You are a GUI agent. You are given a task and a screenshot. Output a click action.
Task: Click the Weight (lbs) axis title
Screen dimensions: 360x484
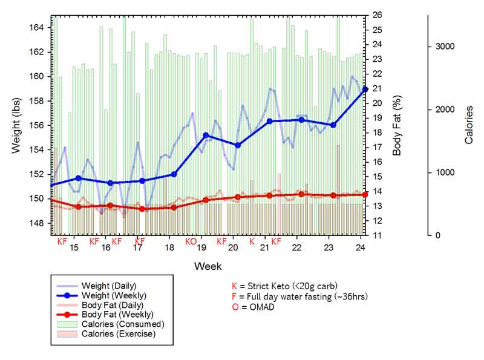pyautogui.click(x=17, y=125)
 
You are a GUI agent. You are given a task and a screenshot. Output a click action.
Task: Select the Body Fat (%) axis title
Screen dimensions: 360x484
pyautogui.click(x=397, y=125)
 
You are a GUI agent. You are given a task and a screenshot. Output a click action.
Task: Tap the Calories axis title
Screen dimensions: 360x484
pyautogui.click(x=469, y=125)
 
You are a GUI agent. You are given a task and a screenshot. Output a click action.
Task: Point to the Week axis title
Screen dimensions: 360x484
pyautogui.click(x=208, y=266)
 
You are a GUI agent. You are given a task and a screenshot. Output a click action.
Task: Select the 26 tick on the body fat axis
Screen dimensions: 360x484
pyautogui.click(x=376, y=16)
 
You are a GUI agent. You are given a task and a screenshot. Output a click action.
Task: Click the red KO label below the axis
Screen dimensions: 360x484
pyautogui.click(x=191, y=241)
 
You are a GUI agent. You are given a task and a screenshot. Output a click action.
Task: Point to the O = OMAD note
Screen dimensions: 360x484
pyautogui.click(x=253, y=307)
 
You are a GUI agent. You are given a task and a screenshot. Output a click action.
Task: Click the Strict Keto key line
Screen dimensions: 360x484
pyautogui.click(x=284, y=286)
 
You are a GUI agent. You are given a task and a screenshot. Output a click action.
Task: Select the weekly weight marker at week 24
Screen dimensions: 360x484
pyautogui.click(x=365, y=90)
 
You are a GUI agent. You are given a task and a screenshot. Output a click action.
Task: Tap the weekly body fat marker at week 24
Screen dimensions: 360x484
pyautogui.click(x=365, y=194)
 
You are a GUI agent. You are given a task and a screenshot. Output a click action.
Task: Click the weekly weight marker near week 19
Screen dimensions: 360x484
pyautogui.click(x=206, y=135)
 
